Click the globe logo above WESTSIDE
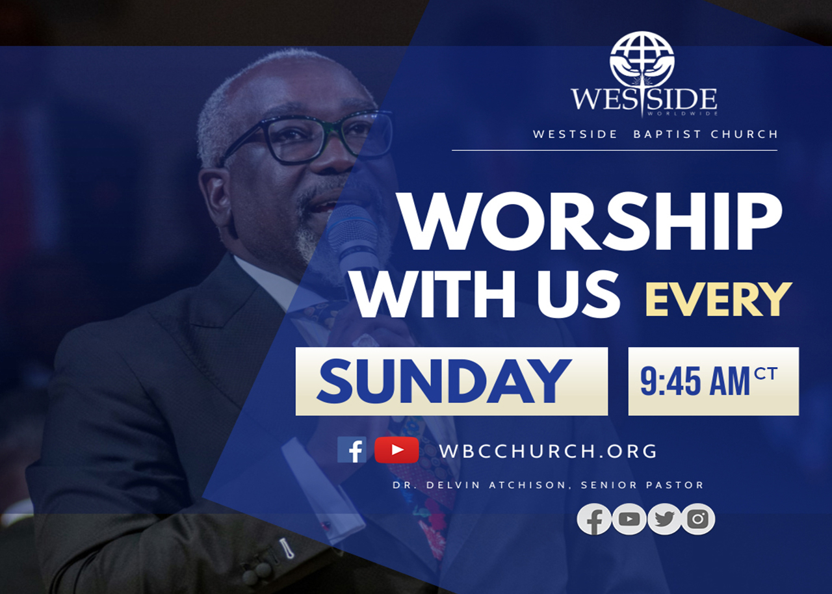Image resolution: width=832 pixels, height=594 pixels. [642, 59]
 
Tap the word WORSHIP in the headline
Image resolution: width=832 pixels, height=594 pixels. [590, 222]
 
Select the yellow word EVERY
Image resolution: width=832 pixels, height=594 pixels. [718, 300]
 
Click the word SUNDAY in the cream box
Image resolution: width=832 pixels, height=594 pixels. [444, 381]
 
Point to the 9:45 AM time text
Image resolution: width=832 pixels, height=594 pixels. [695, 381]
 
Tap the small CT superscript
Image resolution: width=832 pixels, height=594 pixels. [766, 374]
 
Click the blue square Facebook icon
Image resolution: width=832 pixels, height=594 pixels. [352, 450]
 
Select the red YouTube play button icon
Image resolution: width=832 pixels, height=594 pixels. [396, 450]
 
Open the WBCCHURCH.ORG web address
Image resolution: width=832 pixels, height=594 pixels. [548, 451]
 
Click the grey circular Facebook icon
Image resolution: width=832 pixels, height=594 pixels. [594, 519]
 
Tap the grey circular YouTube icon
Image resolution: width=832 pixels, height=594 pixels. [629, 519]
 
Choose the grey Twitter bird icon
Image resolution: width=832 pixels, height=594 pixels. [664, 519]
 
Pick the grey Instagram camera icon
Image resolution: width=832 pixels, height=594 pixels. [698, 519]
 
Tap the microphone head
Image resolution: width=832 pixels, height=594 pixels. [352, 229]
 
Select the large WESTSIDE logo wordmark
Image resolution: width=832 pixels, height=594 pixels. [644, 99]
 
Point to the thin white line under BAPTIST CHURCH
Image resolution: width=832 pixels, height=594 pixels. [614, 150]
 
